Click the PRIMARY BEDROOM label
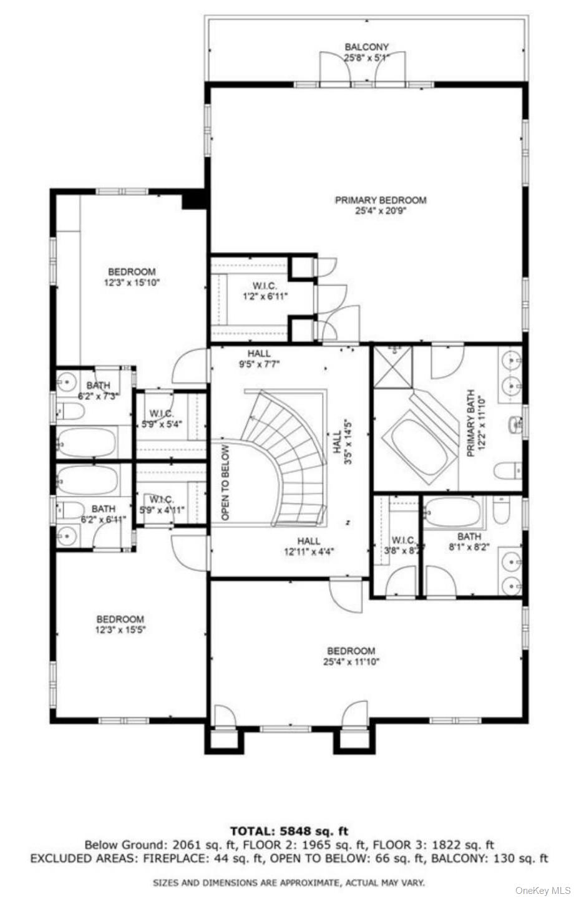point(381,200)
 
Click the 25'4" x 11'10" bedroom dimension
point(351,662)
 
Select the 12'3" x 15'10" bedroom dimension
point(132,283)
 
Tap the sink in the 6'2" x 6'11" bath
point(67,535)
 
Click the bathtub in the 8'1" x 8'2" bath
point(454,512)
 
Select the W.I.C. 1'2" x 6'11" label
point(265,291)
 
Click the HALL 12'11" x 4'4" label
point(308,546)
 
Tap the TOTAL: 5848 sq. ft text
point(289,831)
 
